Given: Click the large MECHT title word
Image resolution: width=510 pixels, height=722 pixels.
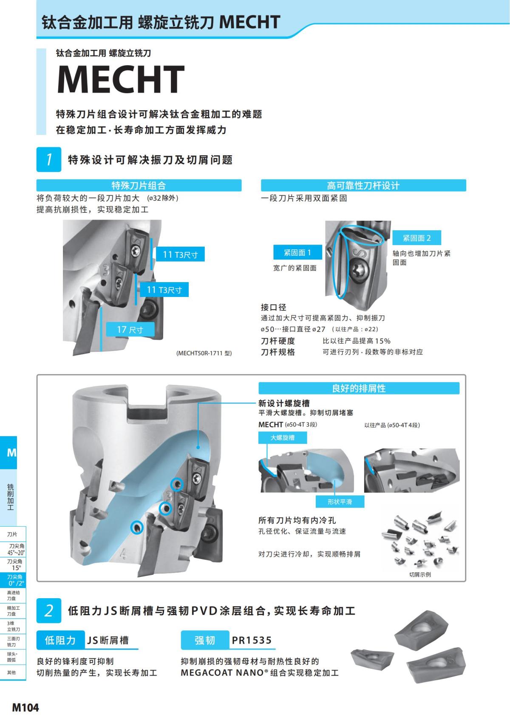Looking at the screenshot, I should (x=121, y=80).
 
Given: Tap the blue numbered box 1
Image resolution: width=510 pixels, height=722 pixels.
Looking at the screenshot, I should (x=49, y=160).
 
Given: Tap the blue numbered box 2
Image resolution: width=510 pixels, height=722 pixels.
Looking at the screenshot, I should (x=49, y=611).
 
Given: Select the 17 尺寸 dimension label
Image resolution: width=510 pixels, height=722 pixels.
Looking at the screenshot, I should (x=130, y=329).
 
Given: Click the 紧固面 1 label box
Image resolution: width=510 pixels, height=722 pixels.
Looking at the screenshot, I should (x=297, y=253).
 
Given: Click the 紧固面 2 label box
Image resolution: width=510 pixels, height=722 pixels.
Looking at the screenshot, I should (x=416, y=238).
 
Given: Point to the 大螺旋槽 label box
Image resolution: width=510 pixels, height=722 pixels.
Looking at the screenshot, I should (x=283, y=437).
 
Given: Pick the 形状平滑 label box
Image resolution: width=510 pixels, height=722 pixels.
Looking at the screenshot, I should (x=340, y=502).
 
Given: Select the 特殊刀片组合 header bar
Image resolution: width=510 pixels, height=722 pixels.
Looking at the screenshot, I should (x=139, y=185).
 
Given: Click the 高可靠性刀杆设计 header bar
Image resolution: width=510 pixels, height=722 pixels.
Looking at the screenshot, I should (x=363, y=185).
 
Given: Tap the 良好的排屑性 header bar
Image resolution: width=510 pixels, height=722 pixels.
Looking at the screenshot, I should (x=359, y=388).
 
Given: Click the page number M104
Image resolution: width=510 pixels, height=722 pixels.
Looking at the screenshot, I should (x=25, y=708).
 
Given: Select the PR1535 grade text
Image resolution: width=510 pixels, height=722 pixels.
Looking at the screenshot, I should (x=252, y=640).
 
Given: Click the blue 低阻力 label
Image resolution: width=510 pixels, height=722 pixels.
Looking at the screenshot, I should (x=60, y=640).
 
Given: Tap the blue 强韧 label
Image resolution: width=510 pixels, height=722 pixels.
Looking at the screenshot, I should (x=205, y=640).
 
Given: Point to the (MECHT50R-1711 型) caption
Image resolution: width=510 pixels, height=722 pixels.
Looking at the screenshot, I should (x=204, y=353).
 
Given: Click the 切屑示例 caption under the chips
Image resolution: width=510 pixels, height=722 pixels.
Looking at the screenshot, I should (x=420, y=574).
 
